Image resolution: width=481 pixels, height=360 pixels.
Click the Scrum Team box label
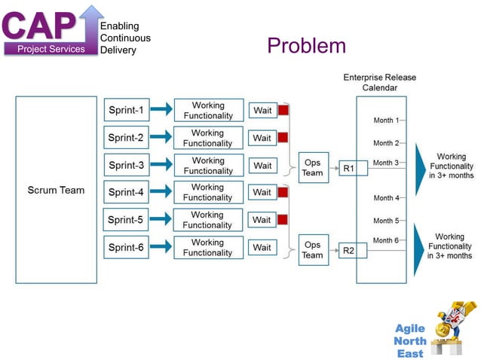[x=56, y=190]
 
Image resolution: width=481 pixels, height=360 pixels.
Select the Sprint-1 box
[x=125, y=111]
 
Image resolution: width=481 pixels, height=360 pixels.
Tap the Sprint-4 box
[x=125, y=192]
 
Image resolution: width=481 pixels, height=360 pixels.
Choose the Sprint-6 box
[x=125, y=247]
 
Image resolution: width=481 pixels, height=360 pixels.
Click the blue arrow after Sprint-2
[x=160, y=138]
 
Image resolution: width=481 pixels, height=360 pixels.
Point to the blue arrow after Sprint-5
[x=160, y=220]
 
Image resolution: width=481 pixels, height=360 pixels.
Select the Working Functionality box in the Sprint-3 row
[x=208, y=166]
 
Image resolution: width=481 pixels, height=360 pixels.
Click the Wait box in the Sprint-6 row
[x=262, y=247]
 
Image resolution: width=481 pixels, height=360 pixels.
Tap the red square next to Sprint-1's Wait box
[x=283, y=111]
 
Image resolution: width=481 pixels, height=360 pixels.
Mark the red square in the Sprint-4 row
[x=283, y=192]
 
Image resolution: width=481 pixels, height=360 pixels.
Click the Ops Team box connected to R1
[x=312, y=167]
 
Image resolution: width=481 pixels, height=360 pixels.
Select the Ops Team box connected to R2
[x=312, y=249]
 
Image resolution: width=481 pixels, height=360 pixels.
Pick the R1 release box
[x=352, y=168]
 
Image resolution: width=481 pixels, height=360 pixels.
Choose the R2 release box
[x=352, y=250]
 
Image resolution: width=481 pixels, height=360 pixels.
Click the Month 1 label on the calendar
[x=386, y=121]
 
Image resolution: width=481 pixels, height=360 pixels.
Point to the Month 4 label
[x=386, y=198]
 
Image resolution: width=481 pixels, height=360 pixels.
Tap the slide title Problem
[x=306, y=46]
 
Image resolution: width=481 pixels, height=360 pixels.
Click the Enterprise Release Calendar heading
[x=379, y=83]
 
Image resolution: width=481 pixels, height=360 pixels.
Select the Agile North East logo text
[x=411, y=341]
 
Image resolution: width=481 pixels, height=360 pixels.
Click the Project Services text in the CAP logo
[x=52, y=49]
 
